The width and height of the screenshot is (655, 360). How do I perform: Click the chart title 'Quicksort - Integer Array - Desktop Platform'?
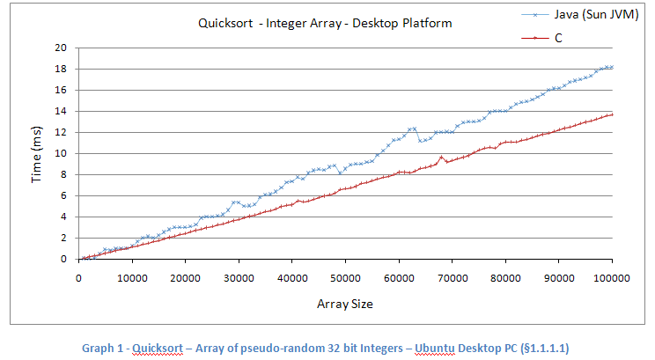(325, 24)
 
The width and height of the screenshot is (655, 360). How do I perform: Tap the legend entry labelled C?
(558, 38)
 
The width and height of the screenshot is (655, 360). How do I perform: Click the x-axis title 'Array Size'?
(345, 304)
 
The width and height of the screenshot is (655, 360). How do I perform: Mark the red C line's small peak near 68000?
(441, 157)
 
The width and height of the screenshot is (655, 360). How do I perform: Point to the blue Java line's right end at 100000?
(612, 67)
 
